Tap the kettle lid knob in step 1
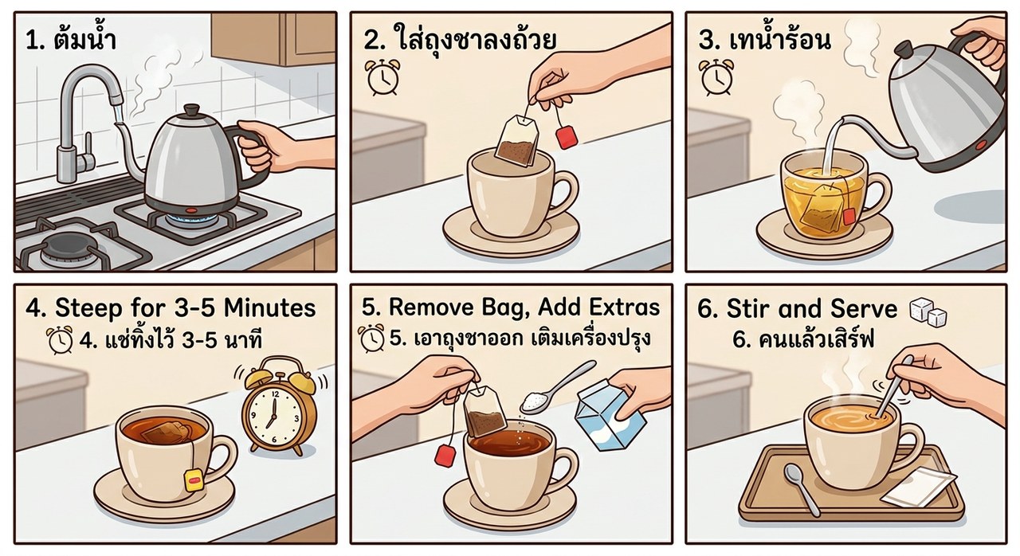tap(191, 110)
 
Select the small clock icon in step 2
tap(383, 77)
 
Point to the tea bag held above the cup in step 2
tap(517, 140)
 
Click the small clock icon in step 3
tap(716, 77)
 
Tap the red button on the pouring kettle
tap(978, 146)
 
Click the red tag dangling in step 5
tap(445, 456)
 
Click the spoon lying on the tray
tap(802, 488)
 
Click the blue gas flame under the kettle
tap(191, 220)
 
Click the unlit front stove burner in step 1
tap(64, 251)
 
